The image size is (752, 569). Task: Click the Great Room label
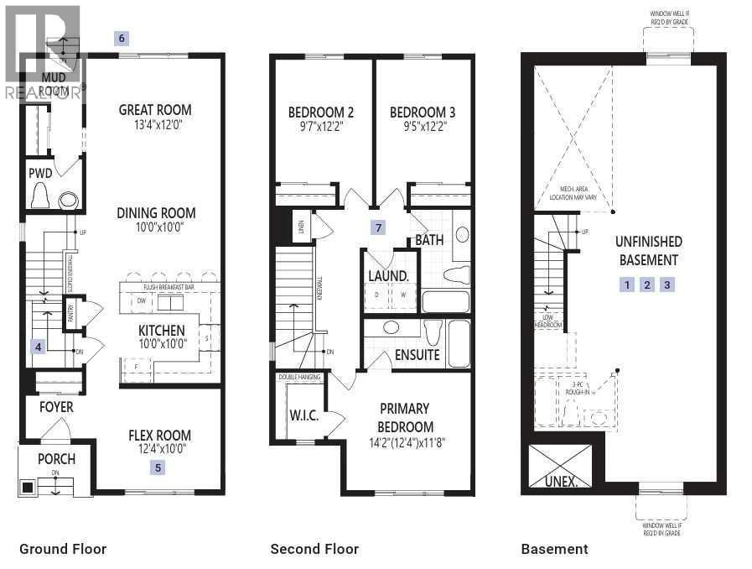pyautogui.click(x=155, y=110)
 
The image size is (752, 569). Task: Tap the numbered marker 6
pyautogui.click(x=122, y=38)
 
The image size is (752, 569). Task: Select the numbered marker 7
pyautogui.click(x=379, y=227)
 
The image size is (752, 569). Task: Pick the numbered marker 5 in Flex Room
pyautogui.click(x=158, y=467)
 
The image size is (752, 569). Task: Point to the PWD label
pyautogui.click(x=40, y=174)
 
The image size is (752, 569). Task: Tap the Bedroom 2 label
pyautogui.click(x=320, y=112)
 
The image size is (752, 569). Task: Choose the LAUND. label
pyautogui.click(x=388, y=275)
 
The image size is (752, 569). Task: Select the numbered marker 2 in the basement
pyautogui.click(x=647, y=284)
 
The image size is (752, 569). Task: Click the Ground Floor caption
pyautogui.click(x=63, y=549)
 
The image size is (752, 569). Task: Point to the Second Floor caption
pyautogui.click(x=314, y=549)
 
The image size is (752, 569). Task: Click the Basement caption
pyautogui.click(x=554, y=549)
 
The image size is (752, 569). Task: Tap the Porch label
pyautogui.click(x=56, y=459)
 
